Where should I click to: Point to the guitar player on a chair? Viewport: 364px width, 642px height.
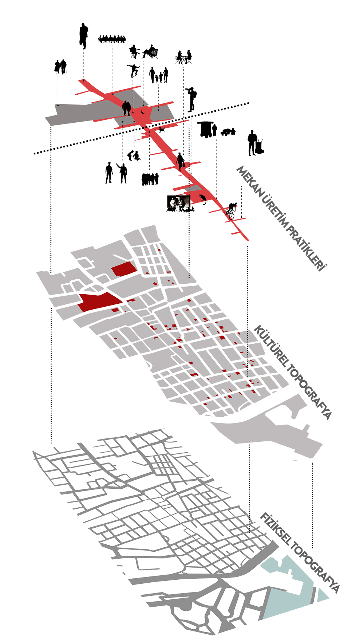coord(135,52)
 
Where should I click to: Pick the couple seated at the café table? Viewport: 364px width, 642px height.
coord(184,57)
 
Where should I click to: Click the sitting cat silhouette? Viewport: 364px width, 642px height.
coord(202,199)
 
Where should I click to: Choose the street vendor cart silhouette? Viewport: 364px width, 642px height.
coord(206,129)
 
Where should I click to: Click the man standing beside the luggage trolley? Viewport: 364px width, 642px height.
coord(252,142)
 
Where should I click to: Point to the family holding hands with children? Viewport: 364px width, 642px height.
coord(159,75)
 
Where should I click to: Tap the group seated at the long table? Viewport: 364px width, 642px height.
coord(112,39)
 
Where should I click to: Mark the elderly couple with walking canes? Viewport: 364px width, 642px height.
coord(61,67)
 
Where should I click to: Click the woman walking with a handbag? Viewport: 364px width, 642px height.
coord(180,162)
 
